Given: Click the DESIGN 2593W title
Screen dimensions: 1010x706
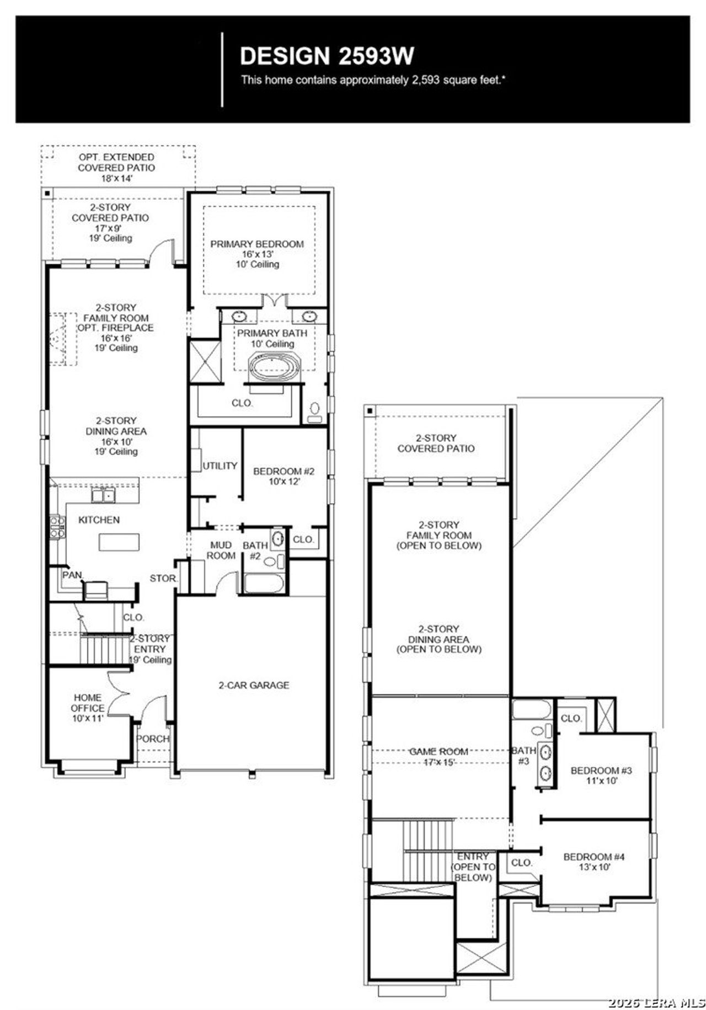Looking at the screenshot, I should click(x=327, y=56).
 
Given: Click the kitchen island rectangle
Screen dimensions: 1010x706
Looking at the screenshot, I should click(x=119, y=542).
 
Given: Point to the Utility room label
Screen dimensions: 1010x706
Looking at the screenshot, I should click(x=220, y=466).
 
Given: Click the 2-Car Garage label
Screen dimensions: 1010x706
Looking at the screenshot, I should click(x=254, y=685).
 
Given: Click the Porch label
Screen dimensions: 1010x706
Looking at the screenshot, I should click(x=152, y=739).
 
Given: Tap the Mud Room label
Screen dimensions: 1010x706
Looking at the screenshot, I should click(x=221, y=550).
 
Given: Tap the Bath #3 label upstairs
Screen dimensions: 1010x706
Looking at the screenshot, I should click(x=523, y=755).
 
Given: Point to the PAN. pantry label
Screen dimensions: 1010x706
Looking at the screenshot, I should click(x=73, y=575).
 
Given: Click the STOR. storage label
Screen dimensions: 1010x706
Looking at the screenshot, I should click(x=163, y=579).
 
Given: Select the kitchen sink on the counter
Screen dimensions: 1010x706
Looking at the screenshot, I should click(x=103, y=496).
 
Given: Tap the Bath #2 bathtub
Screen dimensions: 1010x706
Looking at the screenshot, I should click(x=264, y=584).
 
